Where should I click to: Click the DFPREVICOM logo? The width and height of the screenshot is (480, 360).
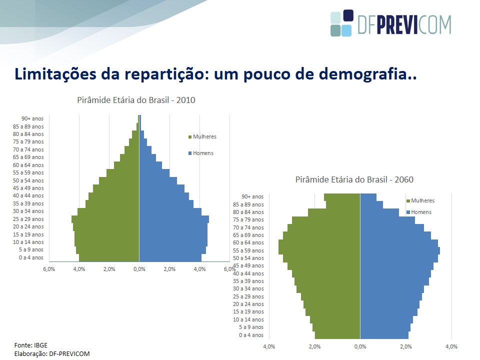click(x=391, y=23)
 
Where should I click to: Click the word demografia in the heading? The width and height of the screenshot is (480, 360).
click(x=364, y=74)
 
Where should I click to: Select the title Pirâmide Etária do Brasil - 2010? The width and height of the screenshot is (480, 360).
click(x=136, y=100)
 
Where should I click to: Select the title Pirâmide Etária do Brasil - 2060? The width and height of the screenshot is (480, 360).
click(x=354, y=179)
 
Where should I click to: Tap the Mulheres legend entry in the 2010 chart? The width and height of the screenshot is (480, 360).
click(x=202, y=136)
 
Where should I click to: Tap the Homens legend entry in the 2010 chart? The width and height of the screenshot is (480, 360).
click(x=201, y=153)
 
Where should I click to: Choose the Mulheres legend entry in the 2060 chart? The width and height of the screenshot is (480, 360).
click(x=420, y=200)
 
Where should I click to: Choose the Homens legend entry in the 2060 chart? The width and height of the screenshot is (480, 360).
click(x=419, y=212)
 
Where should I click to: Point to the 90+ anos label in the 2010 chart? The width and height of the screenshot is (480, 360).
click(x=32, y=118)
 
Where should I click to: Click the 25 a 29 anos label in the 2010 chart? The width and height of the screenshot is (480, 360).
click(x=28, y=219)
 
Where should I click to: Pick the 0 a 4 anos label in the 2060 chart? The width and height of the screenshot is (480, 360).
click(x=251, y=335)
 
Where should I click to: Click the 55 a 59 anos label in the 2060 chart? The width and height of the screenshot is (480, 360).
click(x=248, y=250)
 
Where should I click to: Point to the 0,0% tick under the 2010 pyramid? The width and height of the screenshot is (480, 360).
click(x=139, y=269)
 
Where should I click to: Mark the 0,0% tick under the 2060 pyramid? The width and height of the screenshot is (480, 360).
click(x=360, y=346)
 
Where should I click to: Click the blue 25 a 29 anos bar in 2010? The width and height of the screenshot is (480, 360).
click(x=174, y=219)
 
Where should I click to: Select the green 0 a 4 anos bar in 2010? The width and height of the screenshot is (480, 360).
click(x=109, y=258)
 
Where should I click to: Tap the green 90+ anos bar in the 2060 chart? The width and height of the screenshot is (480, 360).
click(x=342, y=197)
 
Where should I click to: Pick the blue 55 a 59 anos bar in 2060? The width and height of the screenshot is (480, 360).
click(x=400, y=250)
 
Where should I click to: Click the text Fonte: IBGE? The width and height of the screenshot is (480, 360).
click(x=31, y=345)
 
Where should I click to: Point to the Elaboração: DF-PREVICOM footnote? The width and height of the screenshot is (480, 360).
click(x=52, y=354)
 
